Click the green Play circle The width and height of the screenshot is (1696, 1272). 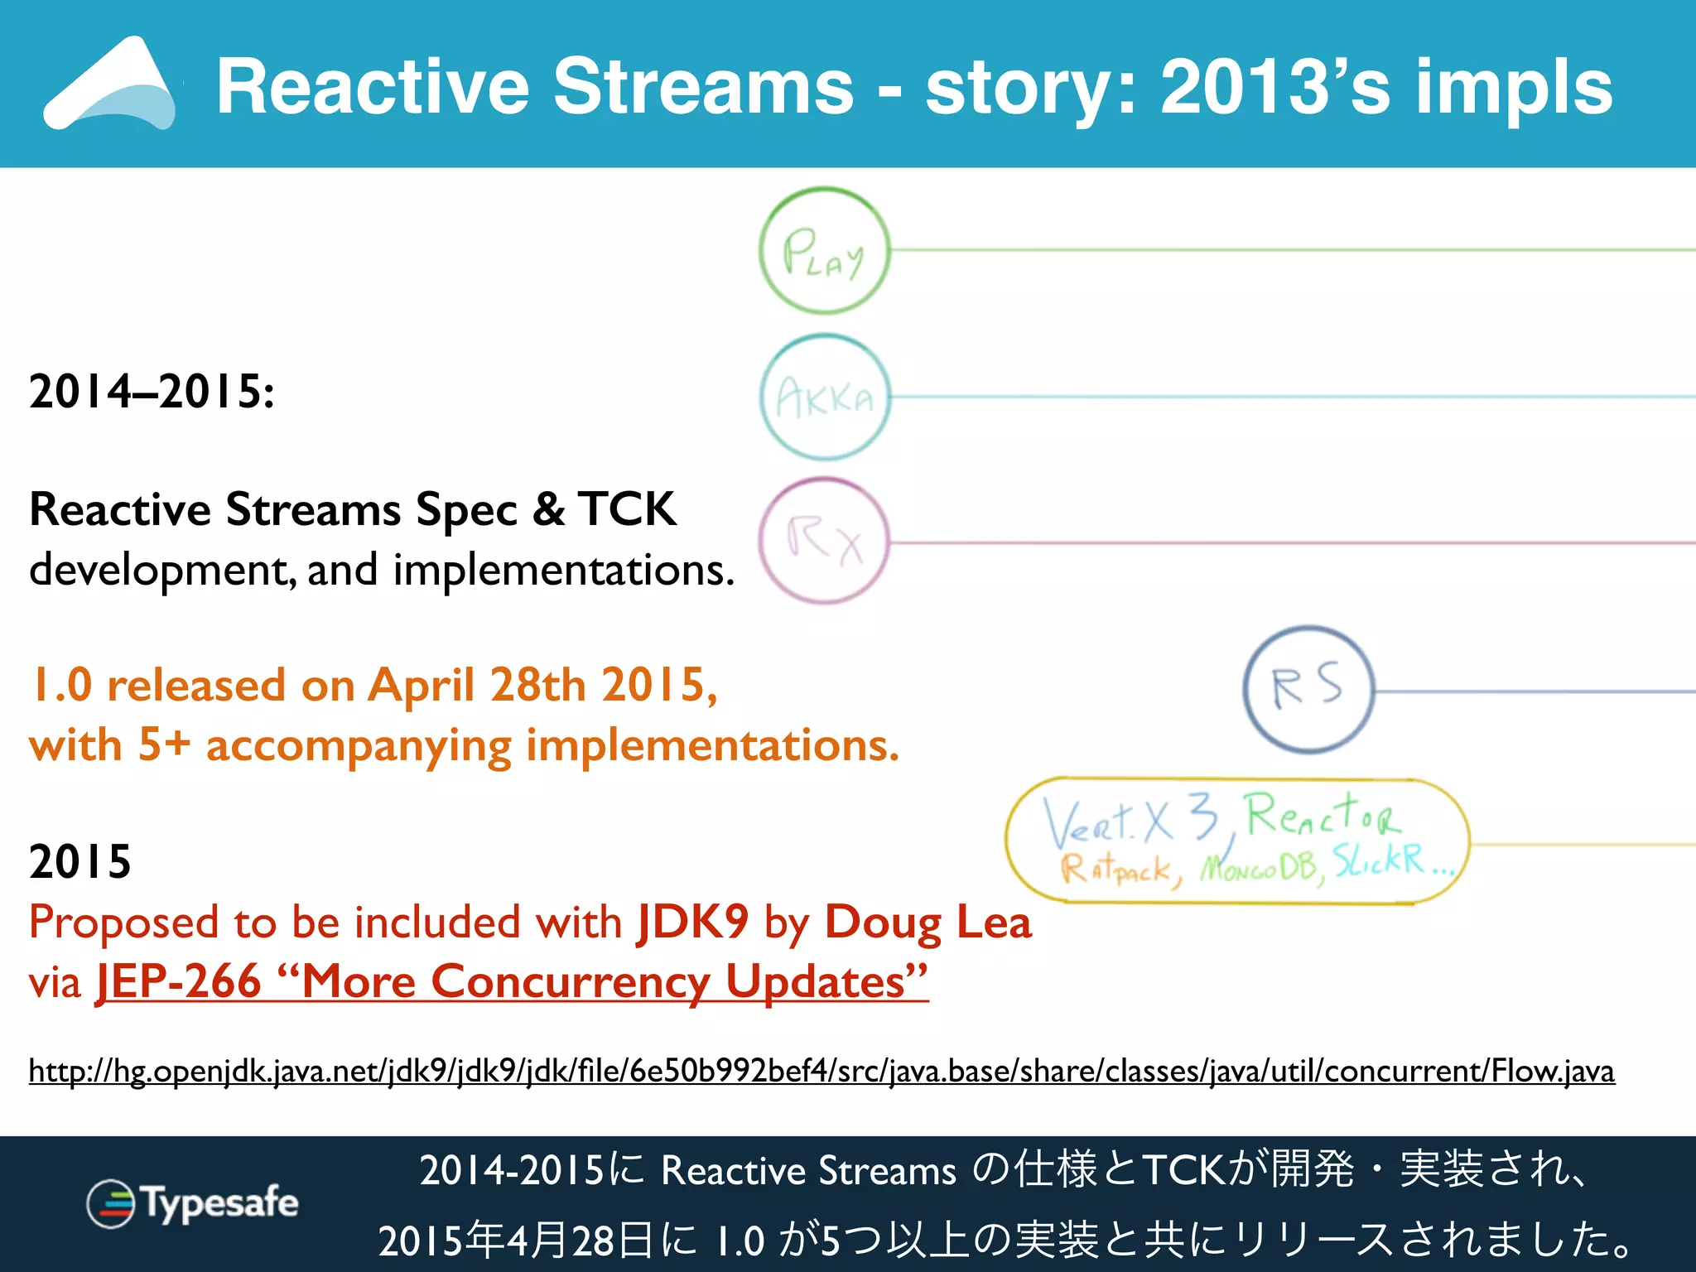tap(824, 250)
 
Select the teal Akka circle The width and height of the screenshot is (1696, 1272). tap(824, 397)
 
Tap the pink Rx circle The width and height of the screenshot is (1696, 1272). tap(824, 542)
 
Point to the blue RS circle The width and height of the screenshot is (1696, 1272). tap(1308, 689)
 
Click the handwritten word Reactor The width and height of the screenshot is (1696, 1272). tap(1323, 814)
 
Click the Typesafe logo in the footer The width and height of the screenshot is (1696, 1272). tap(193, 1202)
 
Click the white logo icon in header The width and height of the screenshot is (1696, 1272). tap(110, 84)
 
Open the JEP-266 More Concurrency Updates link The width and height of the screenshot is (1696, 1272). tap(512, 982)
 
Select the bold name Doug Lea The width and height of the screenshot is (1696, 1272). tap(927, 922)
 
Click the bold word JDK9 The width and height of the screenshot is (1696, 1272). tap(692, 922)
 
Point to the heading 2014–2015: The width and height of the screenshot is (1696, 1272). tap(152, 391)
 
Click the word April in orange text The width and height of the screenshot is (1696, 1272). tap(421, 686)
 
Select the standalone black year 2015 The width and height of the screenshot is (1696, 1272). tap(80, 861)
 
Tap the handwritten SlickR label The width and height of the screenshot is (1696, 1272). tap(1379, 861)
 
